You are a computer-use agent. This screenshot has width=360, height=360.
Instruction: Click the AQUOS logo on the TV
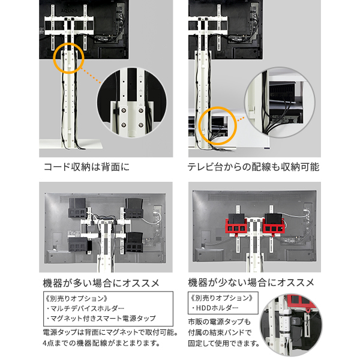(69, 11)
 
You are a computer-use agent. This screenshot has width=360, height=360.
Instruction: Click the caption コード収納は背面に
(86, 167)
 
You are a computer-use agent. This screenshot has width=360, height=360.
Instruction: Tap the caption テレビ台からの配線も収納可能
(253, 167)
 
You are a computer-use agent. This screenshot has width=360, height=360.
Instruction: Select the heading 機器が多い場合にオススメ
(101, 283)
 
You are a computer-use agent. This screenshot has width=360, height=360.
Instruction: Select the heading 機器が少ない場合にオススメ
(251, 283)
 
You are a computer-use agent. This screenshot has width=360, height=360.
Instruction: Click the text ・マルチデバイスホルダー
(85, 308)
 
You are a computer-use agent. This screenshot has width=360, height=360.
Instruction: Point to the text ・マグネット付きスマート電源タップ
(101, 319)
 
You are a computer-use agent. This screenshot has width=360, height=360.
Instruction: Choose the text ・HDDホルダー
(214, 308)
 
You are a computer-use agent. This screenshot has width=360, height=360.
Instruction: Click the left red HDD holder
(236, 225)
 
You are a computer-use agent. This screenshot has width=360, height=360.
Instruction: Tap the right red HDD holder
(274, 225)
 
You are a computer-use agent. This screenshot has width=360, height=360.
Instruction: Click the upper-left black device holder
(77, 208)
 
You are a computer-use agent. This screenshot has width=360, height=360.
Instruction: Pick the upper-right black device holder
(134, 208)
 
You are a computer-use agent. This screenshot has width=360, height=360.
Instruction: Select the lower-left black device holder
(78, 245)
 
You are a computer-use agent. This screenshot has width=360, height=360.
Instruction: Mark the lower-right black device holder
(134, 242)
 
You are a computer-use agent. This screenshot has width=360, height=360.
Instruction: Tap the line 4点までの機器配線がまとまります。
(101, 343)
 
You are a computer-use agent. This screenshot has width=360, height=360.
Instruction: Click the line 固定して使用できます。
(224, 343)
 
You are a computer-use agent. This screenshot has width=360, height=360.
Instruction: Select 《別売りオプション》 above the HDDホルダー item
(222, 298)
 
